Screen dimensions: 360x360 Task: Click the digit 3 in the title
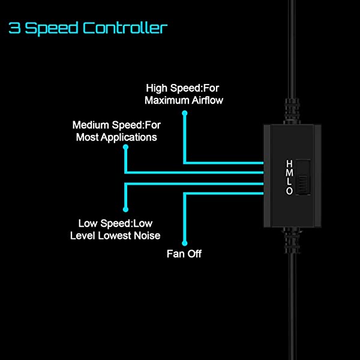coord(14,28)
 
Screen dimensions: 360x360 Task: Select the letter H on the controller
coord(289,164)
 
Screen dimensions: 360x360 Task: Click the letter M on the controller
coord(289,173)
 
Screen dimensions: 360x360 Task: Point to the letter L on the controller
coord(289,182)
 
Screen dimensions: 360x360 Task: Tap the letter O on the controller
coord(289,191)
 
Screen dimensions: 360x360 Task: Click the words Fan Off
coord(184,254)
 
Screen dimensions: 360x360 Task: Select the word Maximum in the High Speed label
coord(166,100)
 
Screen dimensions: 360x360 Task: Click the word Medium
coord(91,125)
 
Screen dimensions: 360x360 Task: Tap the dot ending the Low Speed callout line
coord(125,209)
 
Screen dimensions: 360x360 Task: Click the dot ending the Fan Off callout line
coord(185,240)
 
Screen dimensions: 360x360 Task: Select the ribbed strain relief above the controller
coord(292,112)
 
